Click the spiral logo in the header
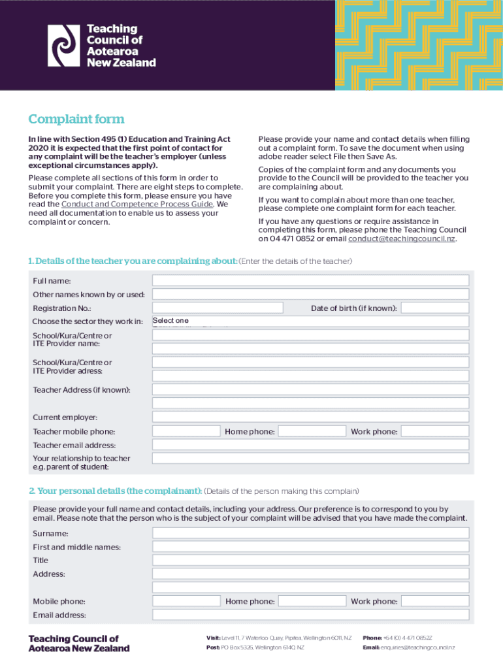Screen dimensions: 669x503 click(x=64, y=45)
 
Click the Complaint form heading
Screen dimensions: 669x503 click(x=76, y=120)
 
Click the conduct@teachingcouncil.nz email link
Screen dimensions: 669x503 click(x=402, y=239)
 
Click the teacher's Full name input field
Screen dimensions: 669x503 click(x=310, y=280)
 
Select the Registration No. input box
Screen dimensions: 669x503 click(x=218, y=308)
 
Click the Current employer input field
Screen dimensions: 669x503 click(x=310, y=417)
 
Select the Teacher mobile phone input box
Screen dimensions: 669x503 click(x=186, y=431)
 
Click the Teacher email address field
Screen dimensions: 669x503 click(x=310, y=445)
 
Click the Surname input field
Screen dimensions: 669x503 click(x=310, y=533)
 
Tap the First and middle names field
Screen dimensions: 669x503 click(x=310, y=547)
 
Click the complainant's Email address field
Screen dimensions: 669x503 click(x=310, y=615)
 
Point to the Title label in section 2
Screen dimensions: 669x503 click(x=41, y=561)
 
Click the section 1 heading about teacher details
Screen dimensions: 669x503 click(x=133, y=261)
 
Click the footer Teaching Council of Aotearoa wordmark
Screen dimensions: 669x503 click(x=78, y=644)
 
